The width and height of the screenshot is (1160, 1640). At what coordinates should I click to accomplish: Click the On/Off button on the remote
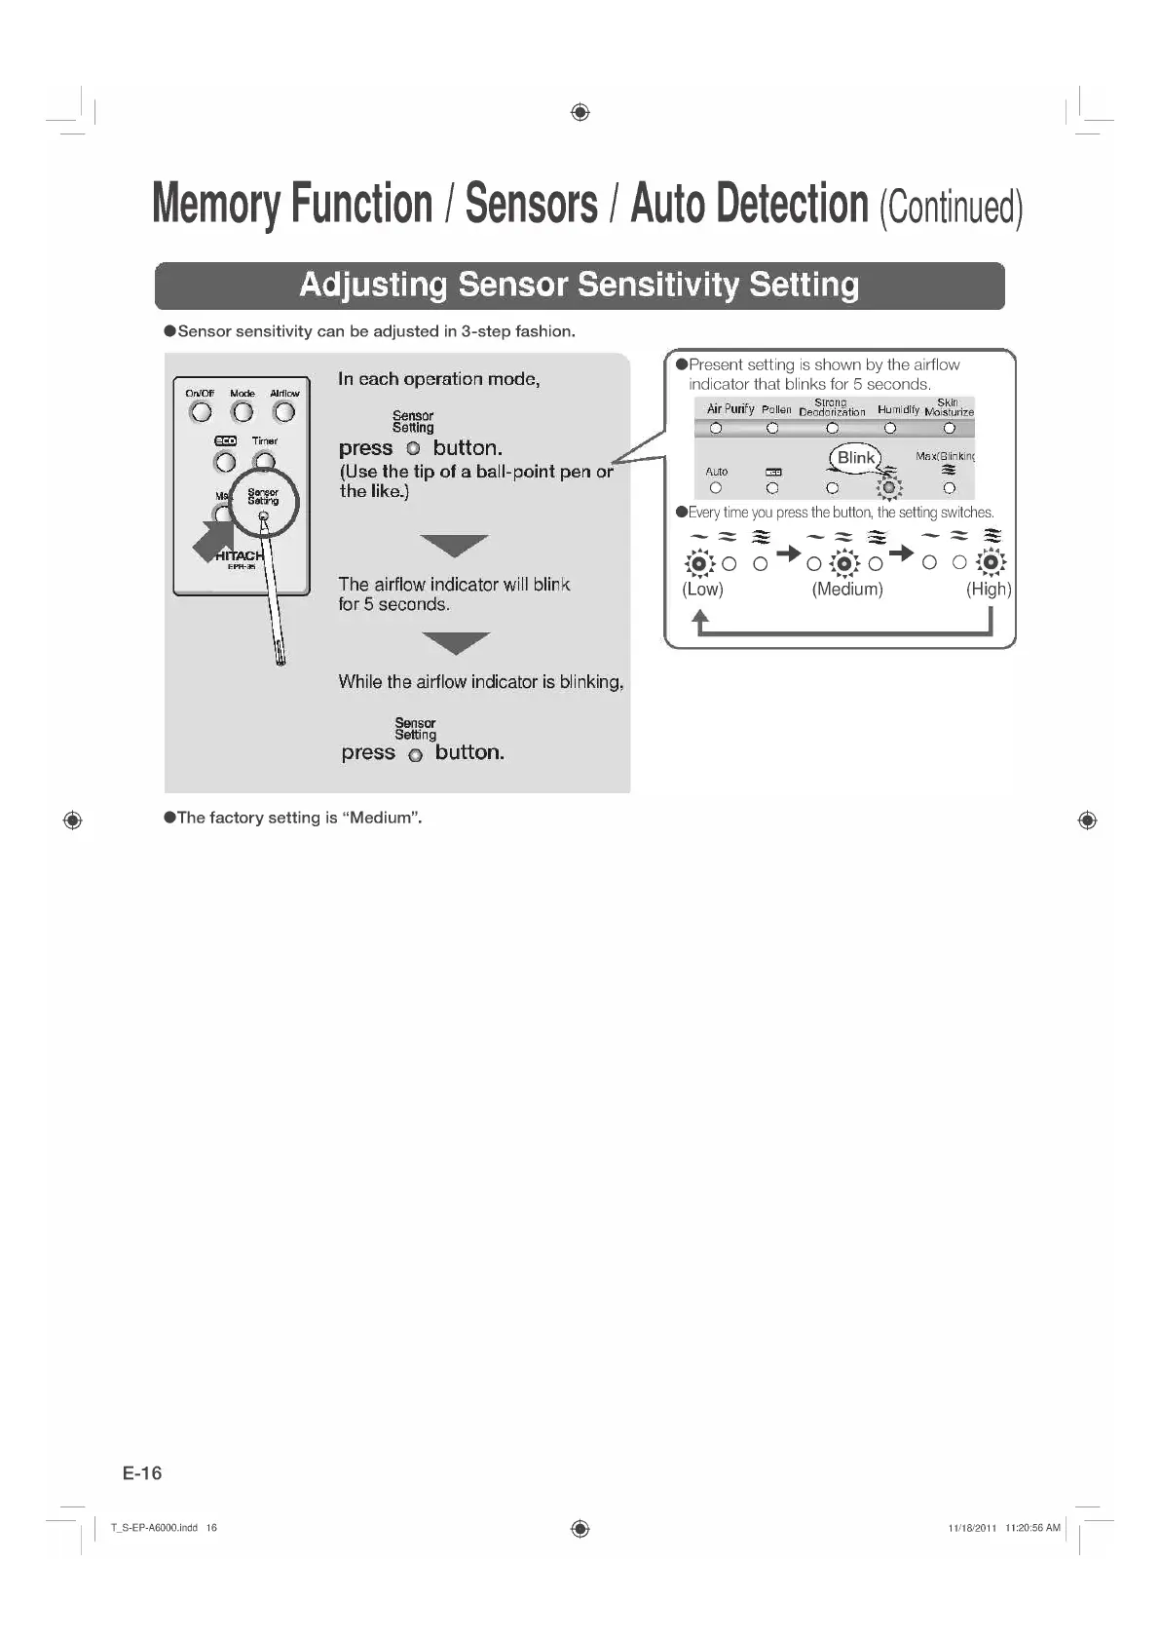click(x=201, y=412)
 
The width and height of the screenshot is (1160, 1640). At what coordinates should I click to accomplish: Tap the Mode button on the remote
click(x=243, y=412)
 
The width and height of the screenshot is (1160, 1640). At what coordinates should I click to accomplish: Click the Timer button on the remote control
click(x=264, y=462)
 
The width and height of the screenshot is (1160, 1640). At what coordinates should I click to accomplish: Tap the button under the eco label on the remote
click(x=225, y=462)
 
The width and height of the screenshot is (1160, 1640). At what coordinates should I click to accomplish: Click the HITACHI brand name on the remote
click(x=240, y=555)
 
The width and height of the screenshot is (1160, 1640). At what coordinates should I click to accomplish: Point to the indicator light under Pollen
click(x=772, y=428)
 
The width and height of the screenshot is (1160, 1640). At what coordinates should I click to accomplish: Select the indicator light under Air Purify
click(x=716, y=428)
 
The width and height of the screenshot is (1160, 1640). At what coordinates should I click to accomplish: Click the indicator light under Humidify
click(x=890, y=428)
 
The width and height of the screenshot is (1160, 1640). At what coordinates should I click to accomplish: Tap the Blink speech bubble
click(x=856, y=458)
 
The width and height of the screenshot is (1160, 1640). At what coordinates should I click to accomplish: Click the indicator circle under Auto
click(x=716, y=487)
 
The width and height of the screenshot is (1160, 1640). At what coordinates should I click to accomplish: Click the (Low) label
click(x=702, y=590)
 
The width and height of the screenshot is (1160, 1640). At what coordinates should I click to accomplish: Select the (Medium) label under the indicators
click(x=847, y=590)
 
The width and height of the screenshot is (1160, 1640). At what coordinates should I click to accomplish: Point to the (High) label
click(x=989, y=590)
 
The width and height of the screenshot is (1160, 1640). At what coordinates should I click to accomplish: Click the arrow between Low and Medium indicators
click(x=789, y=554)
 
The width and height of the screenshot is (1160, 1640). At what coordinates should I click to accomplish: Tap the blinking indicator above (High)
click(x=991, y=562)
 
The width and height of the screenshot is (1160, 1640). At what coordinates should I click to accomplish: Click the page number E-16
click(x=142, y=1472)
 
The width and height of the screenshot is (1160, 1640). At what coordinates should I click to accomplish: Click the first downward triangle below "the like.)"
click(x=455, y=546)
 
